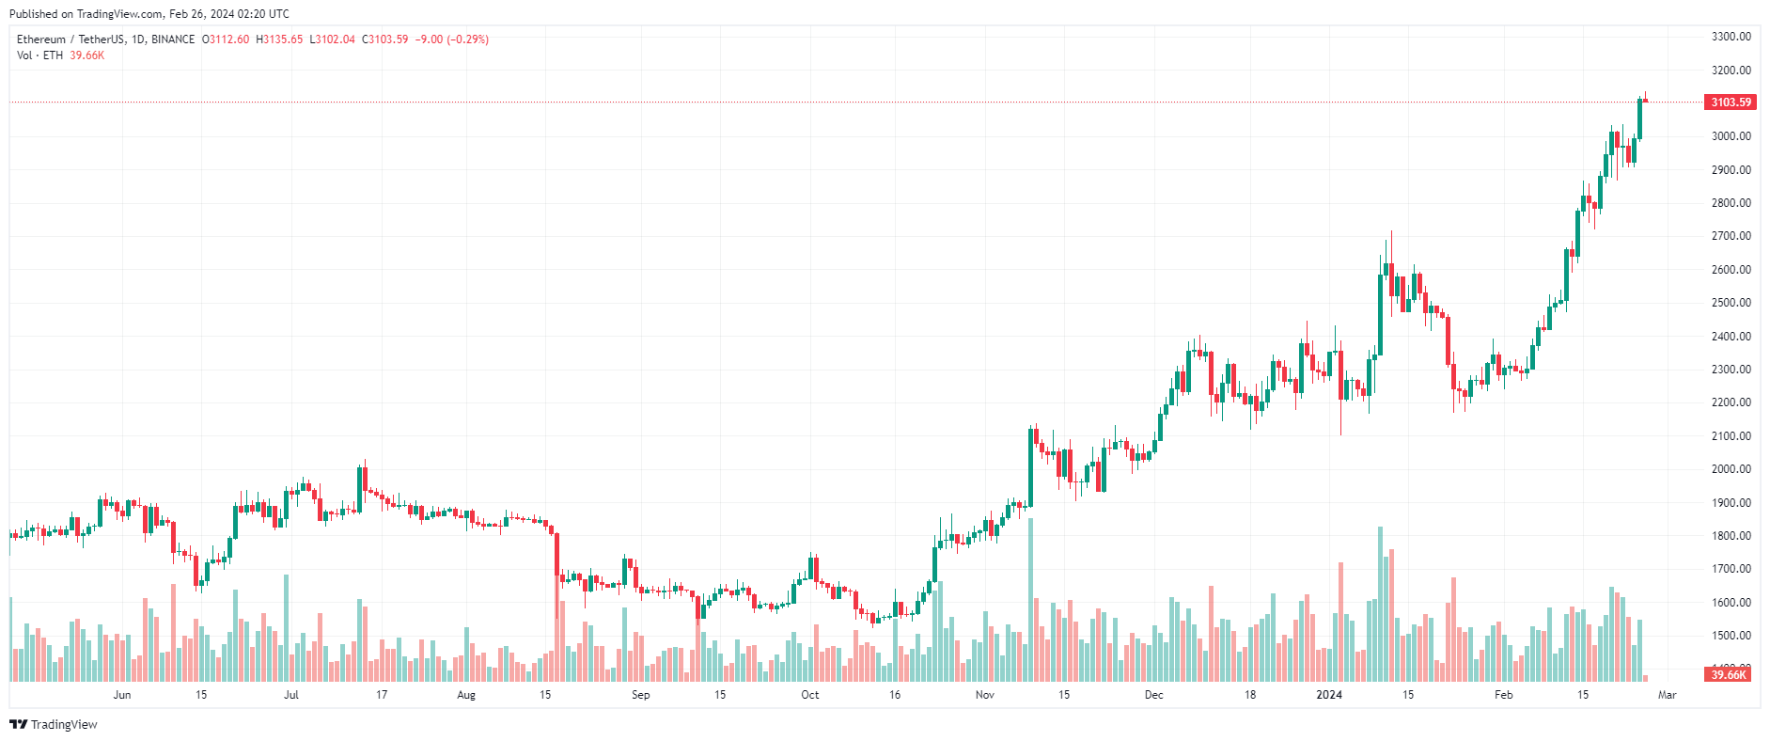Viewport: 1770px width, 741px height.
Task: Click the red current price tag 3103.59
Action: click(1731, 102)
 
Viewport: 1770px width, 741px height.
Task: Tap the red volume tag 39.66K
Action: click(1728, 674)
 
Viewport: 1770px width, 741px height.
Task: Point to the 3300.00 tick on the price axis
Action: click(1731, 37)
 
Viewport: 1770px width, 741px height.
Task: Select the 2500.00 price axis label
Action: click(1731, 303)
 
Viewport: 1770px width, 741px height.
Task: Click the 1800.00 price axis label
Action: click(1731, 536)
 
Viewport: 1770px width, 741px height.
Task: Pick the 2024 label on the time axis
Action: click(1328, 695)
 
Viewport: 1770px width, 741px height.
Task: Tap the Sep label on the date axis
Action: click(640, 695)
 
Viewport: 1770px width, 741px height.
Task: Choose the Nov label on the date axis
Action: click(984, 695)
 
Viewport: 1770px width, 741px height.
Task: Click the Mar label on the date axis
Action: click(1667, 695)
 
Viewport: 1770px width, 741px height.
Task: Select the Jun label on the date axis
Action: click(121, 695)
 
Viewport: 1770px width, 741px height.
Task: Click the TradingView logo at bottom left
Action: click(54, 724)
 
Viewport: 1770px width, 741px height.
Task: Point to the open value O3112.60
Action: click(226, 39)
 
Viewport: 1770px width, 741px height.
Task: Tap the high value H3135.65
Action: click(279, 39)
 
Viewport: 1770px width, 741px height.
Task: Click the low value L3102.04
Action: click(332, 39)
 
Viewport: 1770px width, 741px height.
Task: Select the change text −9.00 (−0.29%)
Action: click(451, 39)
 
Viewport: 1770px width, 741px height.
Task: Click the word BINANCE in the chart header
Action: click(173, 39)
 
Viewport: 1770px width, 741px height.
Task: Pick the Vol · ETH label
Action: click(39, 55)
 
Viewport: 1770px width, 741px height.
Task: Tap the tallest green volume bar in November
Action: click(1031, 602)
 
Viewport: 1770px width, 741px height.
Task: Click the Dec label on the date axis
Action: click(1153, 695)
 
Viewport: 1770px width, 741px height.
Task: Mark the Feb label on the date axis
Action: click(1503, 695)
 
